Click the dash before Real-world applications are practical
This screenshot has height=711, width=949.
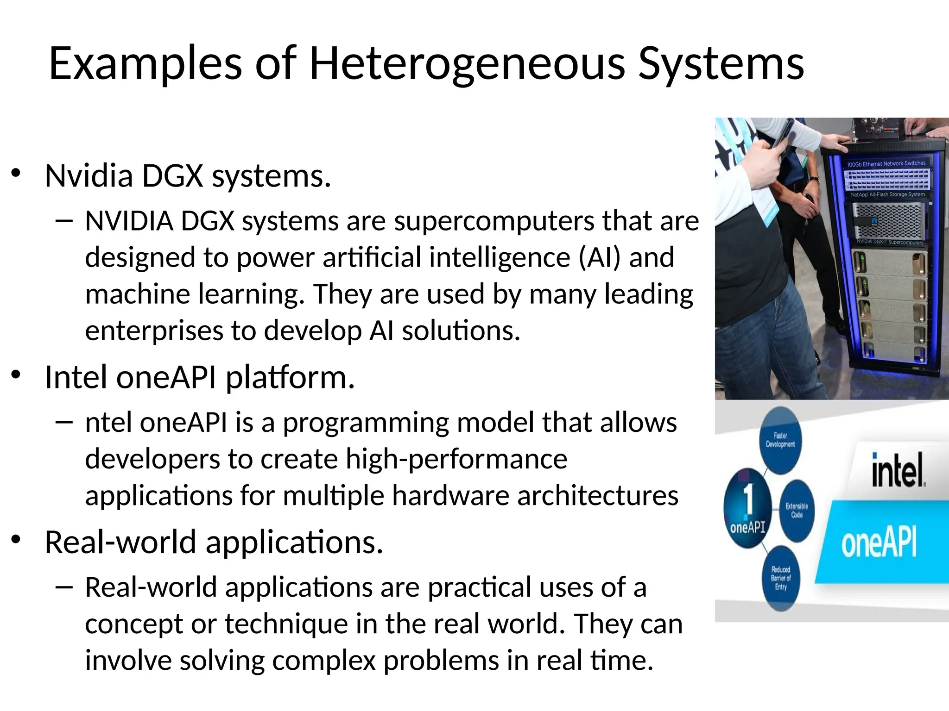[x=63, y=588]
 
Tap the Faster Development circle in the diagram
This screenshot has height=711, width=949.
[x=780, y=440]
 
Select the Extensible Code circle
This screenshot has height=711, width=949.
[x=797, y=510]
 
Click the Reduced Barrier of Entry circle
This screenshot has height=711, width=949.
[x=781, y=578]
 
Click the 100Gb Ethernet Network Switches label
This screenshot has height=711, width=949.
[x=886, y=163]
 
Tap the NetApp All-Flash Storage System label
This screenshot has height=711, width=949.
[x=887, y=194]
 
